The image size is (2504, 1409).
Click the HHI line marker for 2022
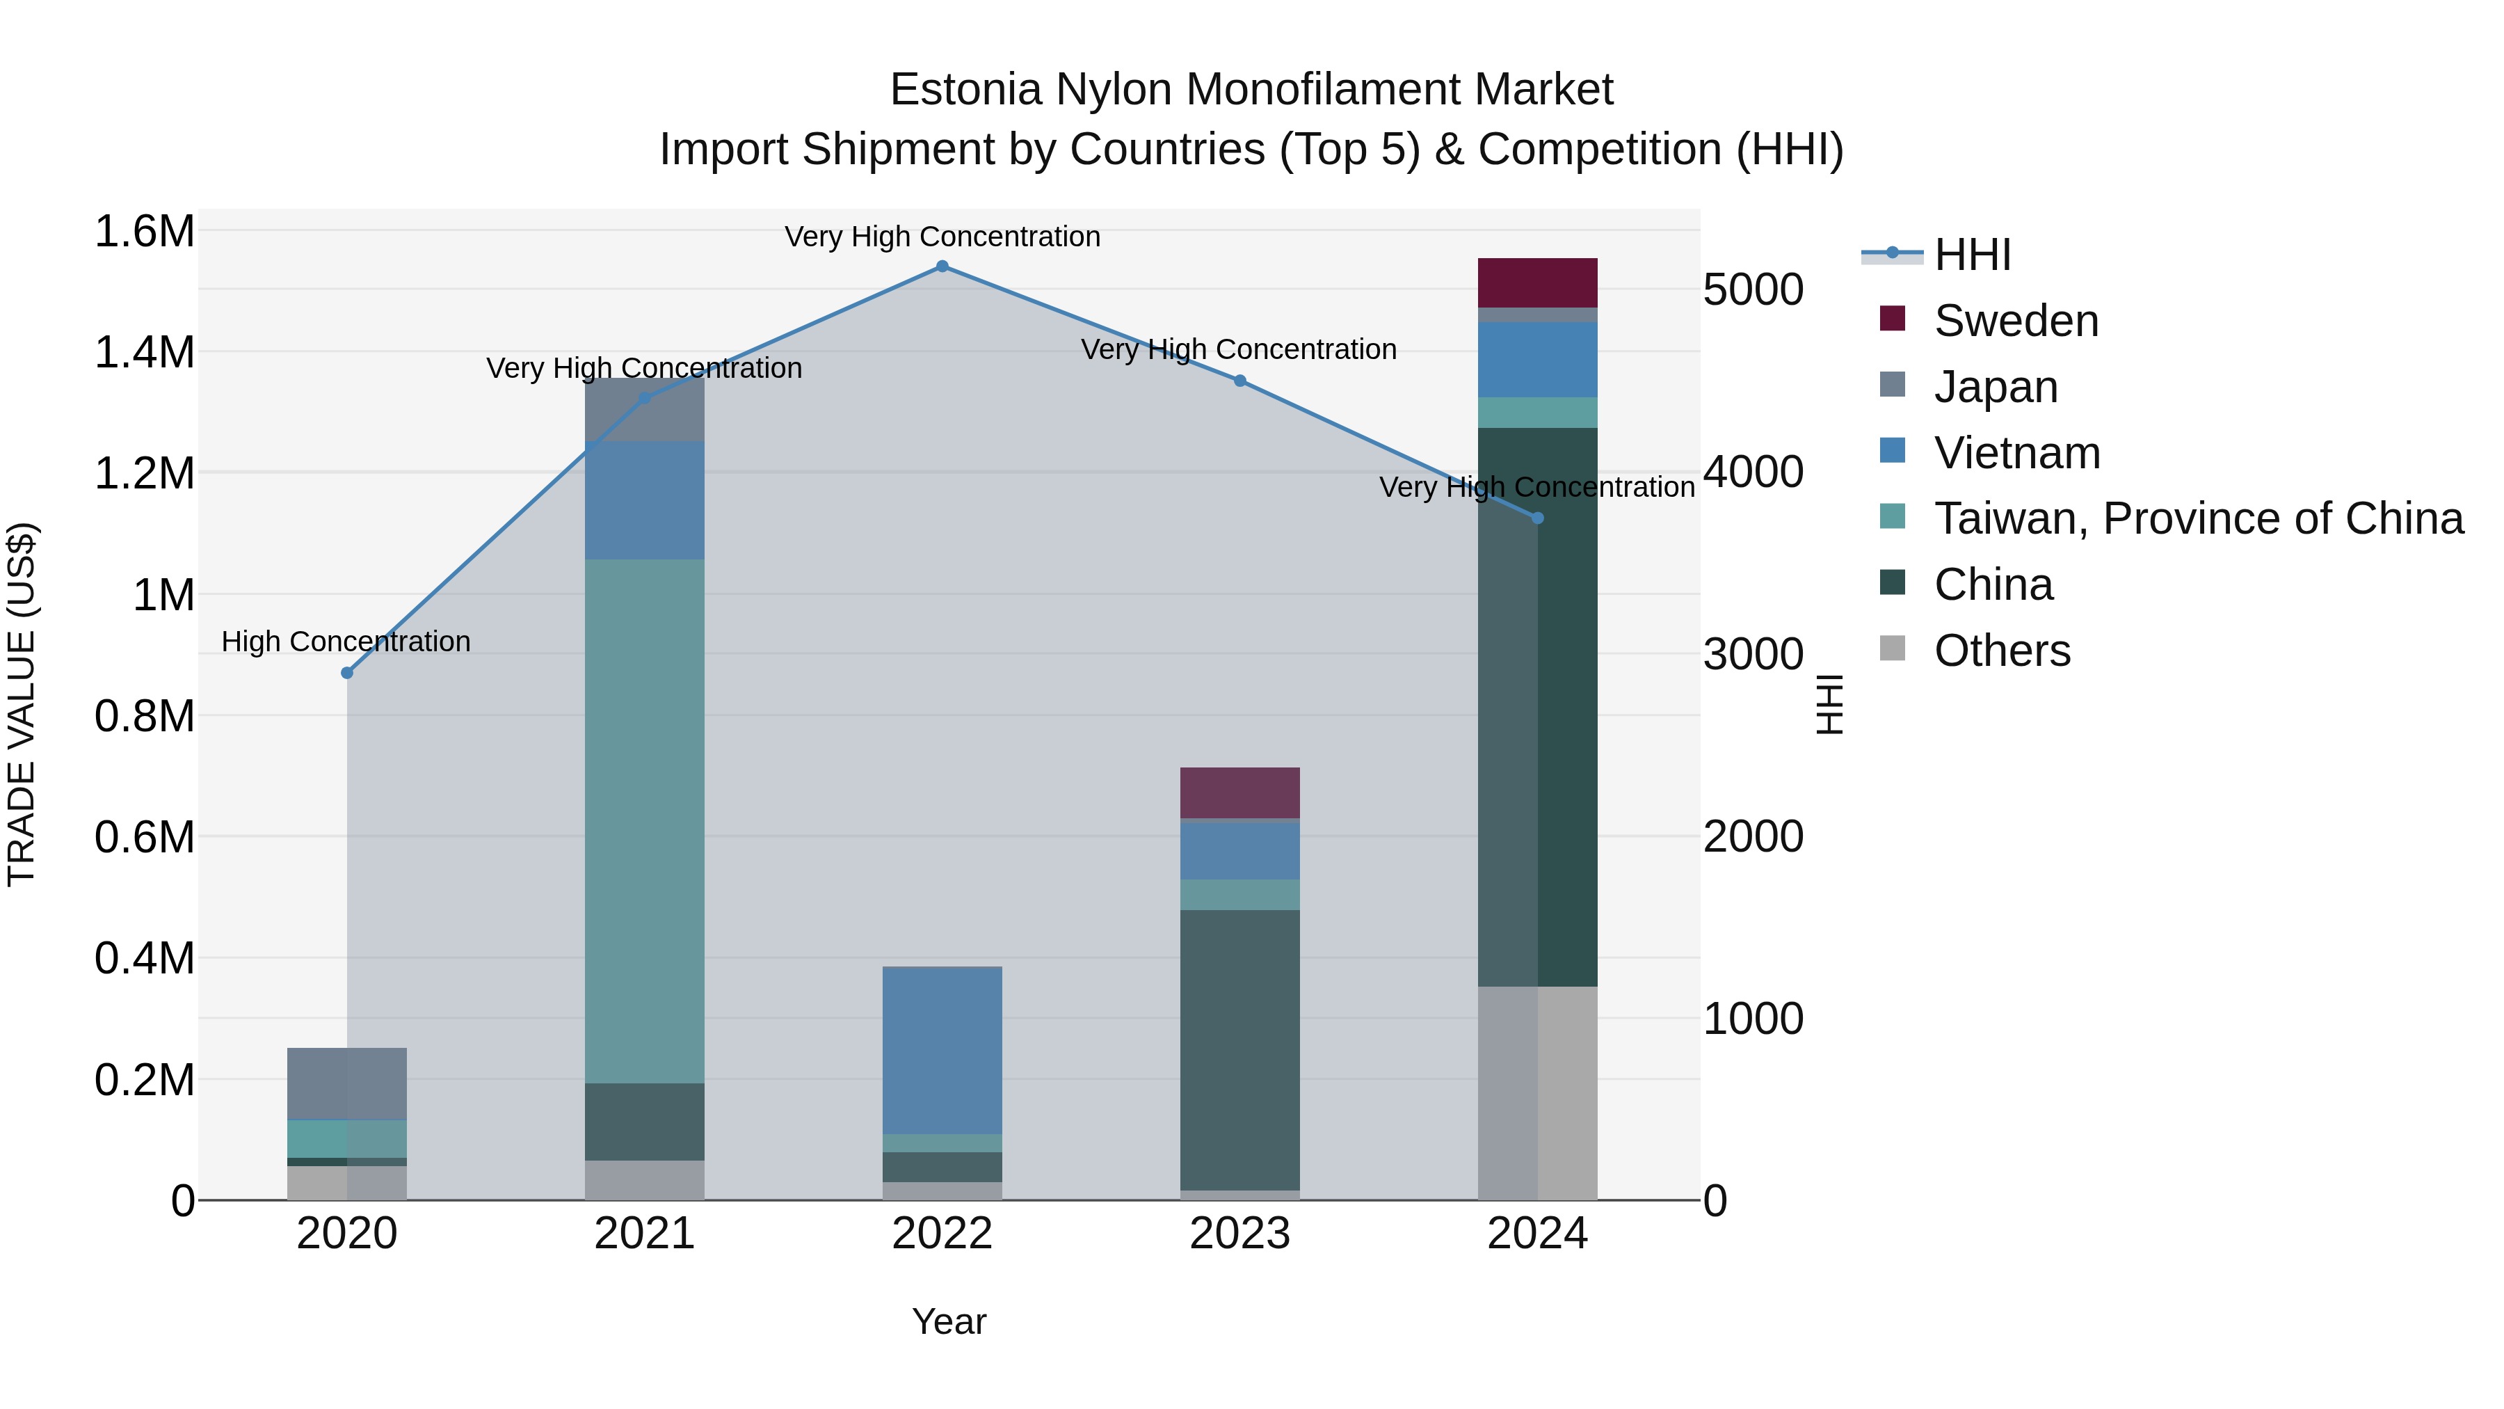942,266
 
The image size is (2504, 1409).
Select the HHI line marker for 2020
347,673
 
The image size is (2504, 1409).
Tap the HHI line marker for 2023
1239,381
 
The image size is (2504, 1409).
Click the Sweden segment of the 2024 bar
1536,283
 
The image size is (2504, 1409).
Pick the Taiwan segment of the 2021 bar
645,822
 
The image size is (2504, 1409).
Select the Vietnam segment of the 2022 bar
942,1050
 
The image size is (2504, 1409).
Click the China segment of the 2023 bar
1239,1050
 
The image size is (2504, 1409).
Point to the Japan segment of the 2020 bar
347,1083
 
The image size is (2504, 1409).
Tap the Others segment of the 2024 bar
1536,1093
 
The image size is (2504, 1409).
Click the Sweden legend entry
2015,321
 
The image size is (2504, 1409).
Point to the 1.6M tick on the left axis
144,232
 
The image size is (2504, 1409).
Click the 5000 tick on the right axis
1753,289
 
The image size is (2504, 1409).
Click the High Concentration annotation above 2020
346,642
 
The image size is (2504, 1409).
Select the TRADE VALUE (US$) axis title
22,704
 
